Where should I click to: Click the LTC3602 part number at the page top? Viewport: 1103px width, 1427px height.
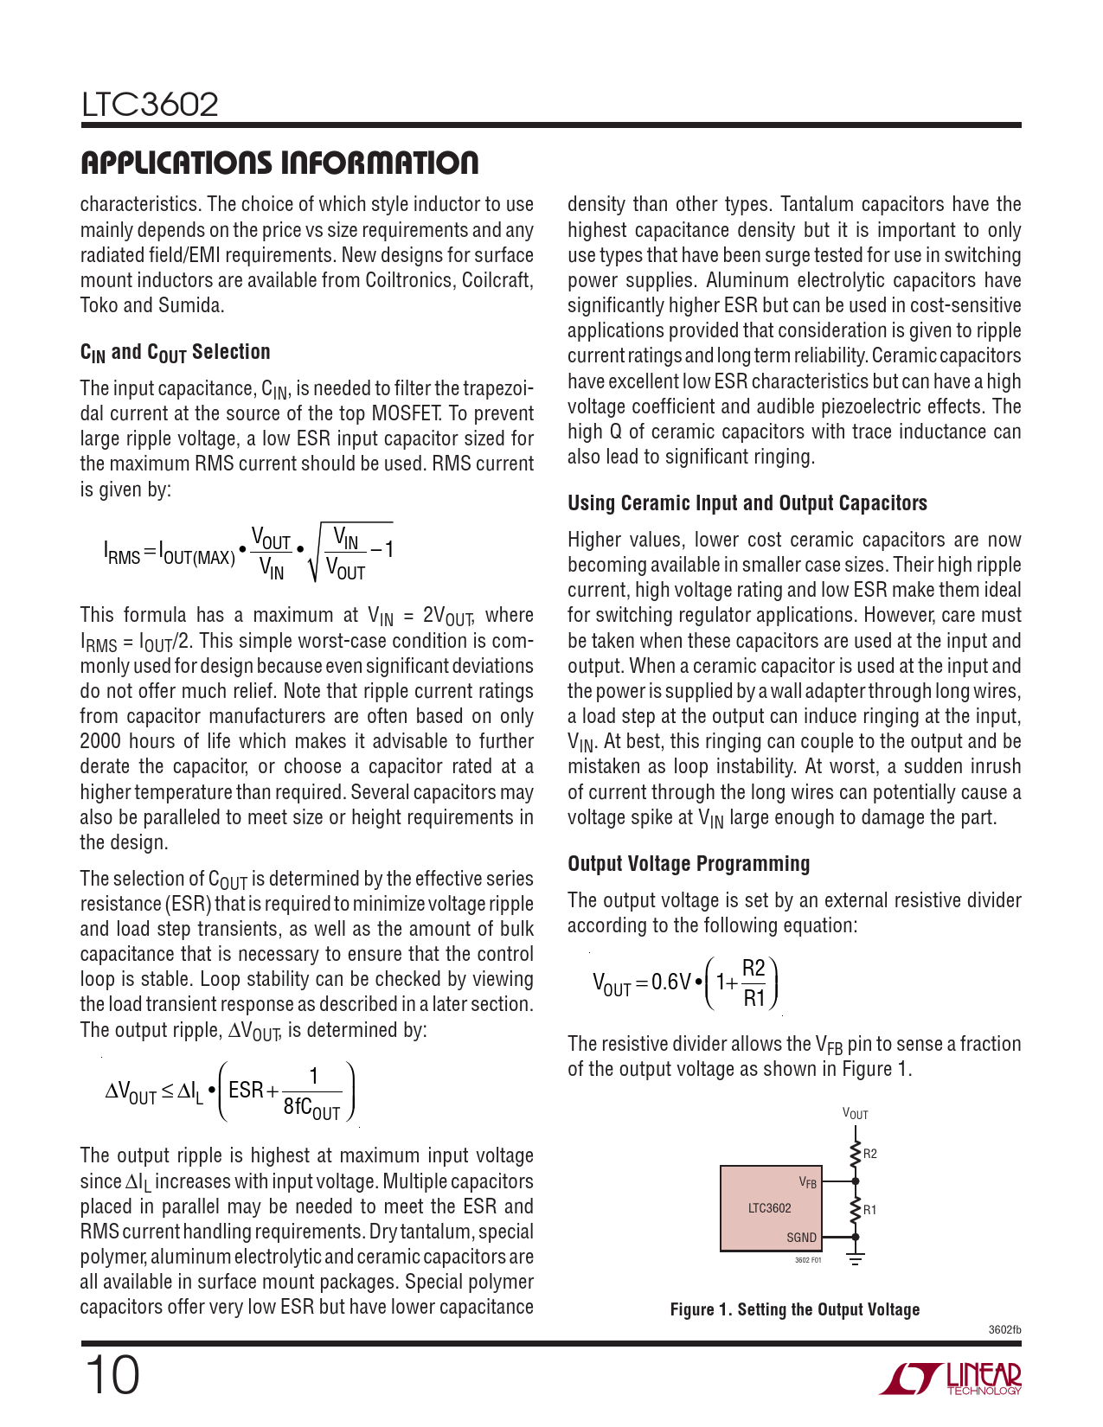click(150, 105)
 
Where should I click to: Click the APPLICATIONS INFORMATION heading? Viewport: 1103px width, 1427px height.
click(279, 163)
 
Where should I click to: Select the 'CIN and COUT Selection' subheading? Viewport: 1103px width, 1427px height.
click(175, 352)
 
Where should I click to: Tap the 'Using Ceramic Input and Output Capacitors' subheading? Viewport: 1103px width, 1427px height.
click(747, 503)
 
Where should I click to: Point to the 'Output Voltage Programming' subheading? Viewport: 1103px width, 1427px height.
click(689, 864)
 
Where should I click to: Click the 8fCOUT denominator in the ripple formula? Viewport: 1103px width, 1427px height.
click(312, 1108)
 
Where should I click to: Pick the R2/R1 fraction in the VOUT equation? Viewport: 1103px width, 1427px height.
click(754, 982)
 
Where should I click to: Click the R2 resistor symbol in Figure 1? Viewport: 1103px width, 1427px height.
click(856, 1153)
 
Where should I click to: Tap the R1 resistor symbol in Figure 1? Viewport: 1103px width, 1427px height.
click(856, 1209)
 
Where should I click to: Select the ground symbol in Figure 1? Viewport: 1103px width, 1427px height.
click(856, 1258)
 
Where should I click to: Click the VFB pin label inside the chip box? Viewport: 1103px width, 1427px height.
click(807, 1181)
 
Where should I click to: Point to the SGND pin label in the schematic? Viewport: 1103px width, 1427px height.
click(801, 1238)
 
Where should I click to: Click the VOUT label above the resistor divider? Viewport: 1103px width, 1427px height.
click(855, 1114)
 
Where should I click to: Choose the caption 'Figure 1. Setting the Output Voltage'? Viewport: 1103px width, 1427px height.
click(794, 1309)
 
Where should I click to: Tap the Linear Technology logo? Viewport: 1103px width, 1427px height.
click(951, 1379)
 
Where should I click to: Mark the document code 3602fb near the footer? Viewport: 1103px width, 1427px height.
click(1004, 1329)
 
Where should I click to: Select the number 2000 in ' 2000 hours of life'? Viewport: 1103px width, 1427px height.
click(100, 741)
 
